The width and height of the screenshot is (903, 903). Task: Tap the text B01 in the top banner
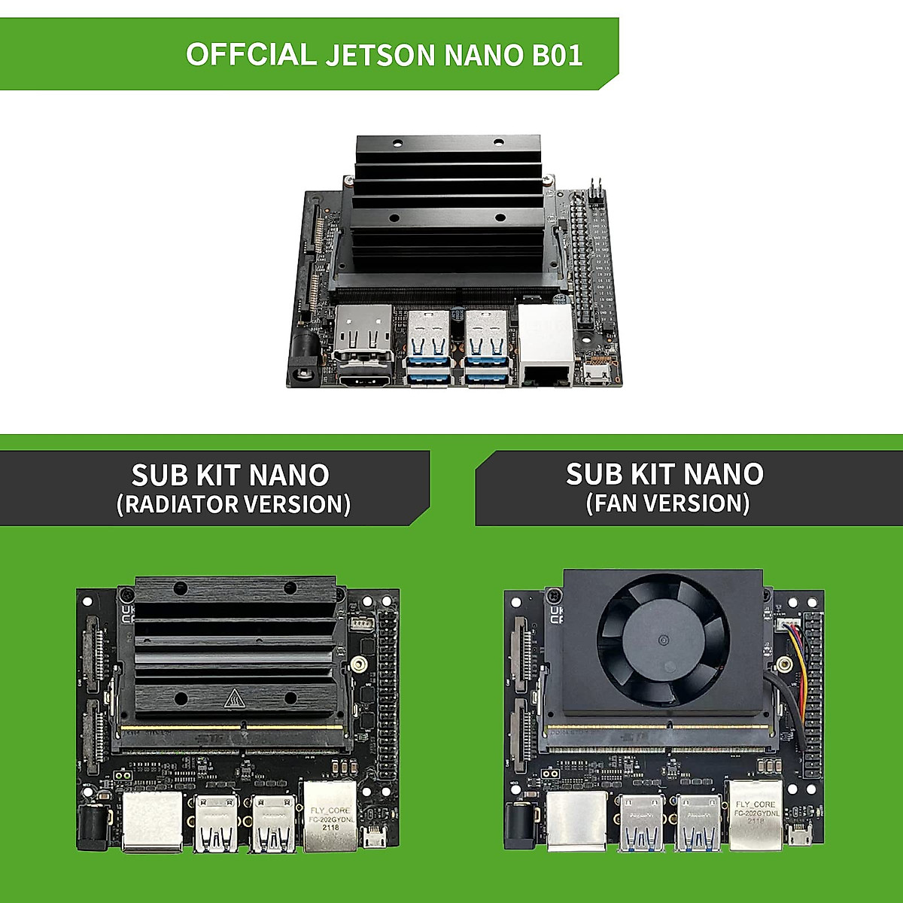click(557, 55)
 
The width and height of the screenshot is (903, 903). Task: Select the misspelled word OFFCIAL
click(251, 55)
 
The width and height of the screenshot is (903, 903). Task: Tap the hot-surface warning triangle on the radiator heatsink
click(234, 700)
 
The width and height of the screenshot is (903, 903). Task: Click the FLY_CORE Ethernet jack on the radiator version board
click(330, 816)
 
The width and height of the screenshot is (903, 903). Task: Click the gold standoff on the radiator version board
click(360, 664)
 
